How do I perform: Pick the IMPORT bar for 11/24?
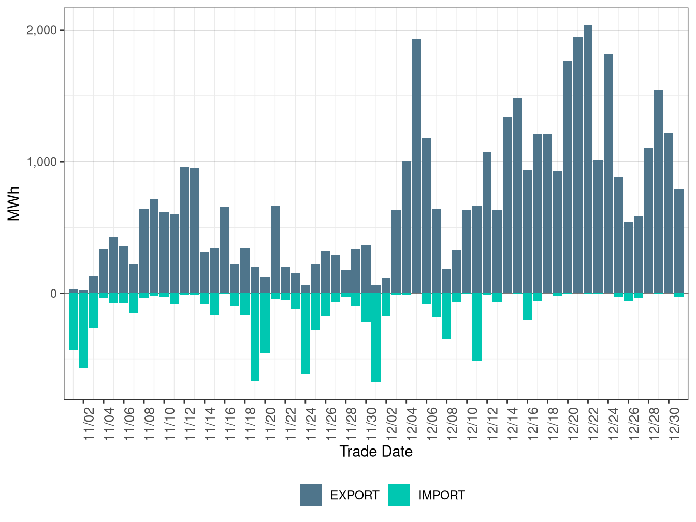(306, 334)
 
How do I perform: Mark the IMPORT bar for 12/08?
(446, 316)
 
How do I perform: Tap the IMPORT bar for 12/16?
(527, 306)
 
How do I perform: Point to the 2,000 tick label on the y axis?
(42, 30)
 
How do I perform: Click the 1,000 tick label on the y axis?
(42, 162)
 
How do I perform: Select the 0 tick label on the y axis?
(53, 294)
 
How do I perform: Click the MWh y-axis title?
(14, 204)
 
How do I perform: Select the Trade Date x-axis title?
(376, 452)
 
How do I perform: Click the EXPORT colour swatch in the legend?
(311, 495)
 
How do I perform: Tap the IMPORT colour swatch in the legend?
(399, 495)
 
